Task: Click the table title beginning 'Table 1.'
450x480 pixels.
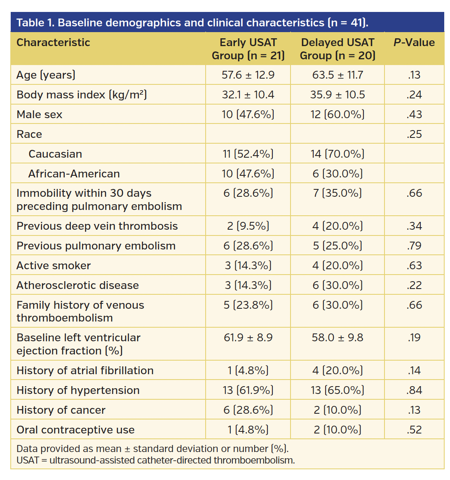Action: [x=192, y=23]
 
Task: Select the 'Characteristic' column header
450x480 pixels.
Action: [x=53, y=42]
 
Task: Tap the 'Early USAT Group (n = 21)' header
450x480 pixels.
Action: [x=248, y=49]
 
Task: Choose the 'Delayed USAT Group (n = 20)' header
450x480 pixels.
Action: [x=337, y=49]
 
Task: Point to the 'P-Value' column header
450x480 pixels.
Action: [x=414, y=42]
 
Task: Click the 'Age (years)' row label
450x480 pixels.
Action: [x=46, y=75]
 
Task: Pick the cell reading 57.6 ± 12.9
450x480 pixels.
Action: [x=248, y=75]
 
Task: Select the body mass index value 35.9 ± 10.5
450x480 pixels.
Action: [x=337, y=95]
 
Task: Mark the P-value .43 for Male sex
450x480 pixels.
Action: [x=414, y=114]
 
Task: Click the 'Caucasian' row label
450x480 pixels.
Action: [x=55, y=154]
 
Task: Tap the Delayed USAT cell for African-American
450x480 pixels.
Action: [x=337, y=174]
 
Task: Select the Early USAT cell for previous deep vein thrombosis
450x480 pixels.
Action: [x=248, y=226]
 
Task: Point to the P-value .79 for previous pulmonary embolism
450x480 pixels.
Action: [x=414, y=246]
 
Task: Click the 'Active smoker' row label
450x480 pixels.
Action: [x=54, y=266]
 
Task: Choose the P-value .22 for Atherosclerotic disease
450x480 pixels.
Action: [x=414, y=285]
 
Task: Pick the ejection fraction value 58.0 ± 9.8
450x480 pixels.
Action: [x=337, y=338]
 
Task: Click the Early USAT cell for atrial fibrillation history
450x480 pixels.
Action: [x=248, y=370]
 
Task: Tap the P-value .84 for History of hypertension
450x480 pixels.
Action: [x=414, y=390]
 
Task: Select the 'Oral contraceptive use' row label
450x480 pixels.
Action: [x=75, y=430]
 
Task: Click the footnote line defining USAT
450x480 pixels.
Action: [x=156, y=460]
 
